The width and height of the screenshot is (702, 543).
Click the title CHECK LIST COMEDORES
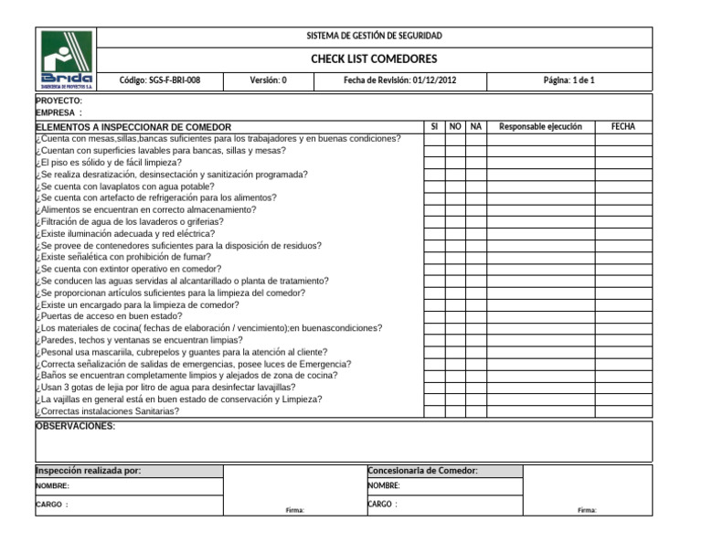[x=374, y=59]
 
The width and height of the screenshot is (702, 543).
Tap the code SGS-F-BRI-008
[x=160, y=81]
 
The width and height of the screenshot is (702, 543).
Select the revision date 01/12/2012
[x=399, y=81]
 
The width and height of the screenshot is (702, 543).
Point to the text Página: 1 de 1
[x=569, y=81]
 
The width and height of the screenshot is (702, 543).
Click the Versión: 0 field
[x=268, y=81]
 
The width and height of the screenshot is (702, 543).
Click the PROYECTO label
[x=58, y=101]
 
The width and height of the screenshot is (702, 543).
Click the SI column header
[x=434, y=126]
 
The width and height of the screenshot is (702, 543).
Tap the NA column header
[x=474, y=126]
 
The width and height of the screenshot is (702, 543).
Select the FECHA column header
[x=623, y=126]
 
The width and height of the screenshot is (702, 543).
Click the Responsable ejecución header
[x=540, y=126]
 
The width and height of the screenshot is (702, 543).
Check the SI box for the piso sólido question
[x=434, y=162]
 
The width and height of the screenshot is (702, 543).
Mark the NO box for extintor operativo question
[x=454, y=269]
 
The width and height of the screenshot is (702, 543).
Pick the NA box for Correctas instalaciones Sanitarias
[x=474, y=411]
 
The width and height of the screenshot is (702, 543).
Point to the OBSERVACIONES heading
[x=75, y=426]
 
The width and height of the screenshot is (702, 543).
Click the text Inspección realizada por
[x=88, y=470]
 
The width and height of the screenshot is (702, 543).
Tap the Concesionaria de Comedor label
[x=422, y=470]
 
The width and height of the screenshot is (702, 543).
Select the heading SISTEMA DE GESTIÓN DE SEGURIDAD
[x=374, y=36]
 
